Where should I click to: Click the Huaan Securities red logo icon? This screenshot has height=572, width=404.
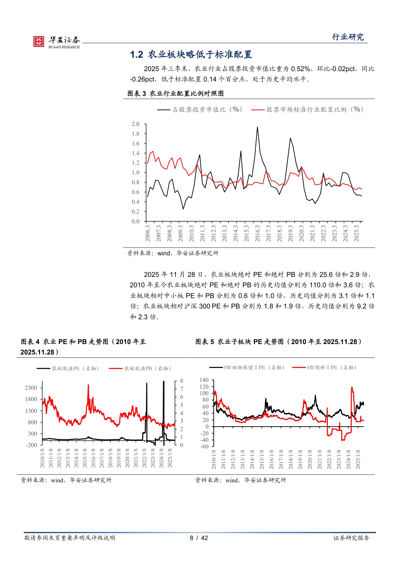pyautogui.click(x=38, y=41)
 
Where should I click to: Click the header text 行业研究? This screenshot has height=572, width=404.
pyautogui.click(x=347, y=37)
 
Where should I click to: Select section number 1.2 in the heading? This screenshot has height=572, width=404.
pyautogui.click(x=136, y=54)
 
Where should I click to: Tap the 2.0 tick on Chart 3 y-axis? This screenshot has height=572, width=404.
pyautogui.click(x=135, y=124)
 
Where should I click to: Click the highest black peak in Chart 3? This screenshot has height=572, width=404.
pyautogui.click(x=258, y=127)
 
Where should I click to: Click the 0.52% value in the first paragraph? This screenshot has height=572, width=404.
pyautogui.click(x=300, y=69)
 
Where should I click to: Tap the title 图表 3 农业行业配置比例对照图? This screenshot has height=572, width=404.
pyautogui.click(x=175, y=94)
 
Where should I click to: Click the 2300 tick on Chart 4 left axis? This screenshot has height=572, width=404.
pyautogui.click(x=31, y=388)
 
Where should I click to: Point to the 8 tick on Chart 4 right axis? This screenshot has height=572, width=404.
pyautogui.click(x=182, y=381)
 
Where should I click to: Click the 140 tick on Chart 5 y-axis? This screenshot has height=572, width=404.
pyautogui.click(x=204, y=380)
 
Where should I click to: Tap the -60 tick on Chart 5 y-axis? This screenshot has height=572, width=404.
pyautogui.click(x=204, y=446)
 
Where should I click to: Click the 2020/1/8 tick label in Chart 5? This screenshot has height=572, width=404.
pyautogui.click(x=310, y=459)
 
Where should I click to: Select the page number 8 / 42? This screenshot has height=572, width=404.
pyautogui.click(x=199, y=538)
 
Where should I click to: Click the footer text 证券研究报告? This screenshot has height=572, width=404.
pyautogui.click(x=351, y=538)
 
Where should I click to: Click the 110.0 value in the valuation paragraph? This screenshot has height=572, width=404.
pyautogui.click(x=318, y=285)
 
